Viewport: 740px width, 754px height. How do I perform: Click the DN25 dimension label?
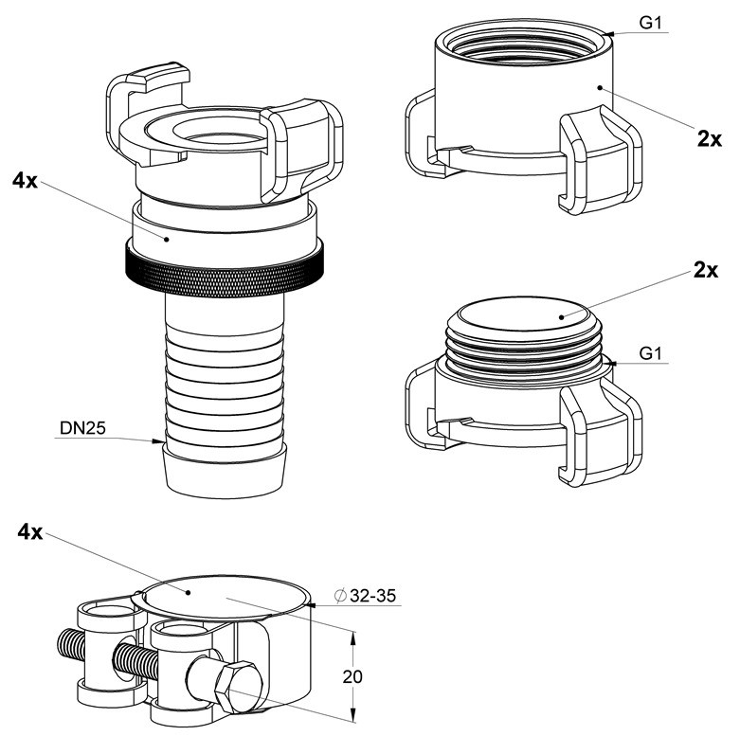(82, 428)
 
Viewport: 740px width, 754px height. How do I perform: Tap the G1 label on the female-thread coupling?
(651, 23)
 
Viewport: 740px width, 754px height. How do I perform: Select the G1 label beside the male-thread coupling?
(651, 354)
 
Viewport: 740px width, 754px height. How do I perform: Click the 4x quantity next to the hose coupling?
(25, 180)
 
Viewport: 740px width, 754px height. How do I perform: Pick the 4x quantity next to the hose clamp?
(29, 531)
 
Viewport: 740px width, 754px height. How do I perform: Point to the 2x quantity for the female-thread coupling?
(710, 139)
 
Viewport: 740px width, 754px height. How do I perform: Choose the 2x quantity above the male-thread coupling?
(706, 270)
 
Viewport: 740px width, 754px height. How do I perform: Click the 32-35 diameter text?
(373, 596)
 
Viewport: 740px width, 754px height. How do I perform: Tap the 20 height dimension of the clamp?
(352, 677)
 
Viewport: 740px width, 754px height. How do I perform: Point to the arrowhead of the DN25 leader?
(158, 440)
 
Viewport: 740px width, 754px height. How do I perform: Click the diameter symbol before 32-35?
(341, 596)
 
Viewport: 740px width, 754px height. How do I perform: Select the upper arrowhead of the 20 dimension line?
(353, 638)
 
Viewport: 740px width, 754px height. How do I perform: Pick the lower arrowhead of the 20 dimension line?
(353, 715)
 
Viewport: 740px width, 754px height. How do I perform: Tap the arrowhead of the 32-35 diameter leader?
(311, 604)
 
